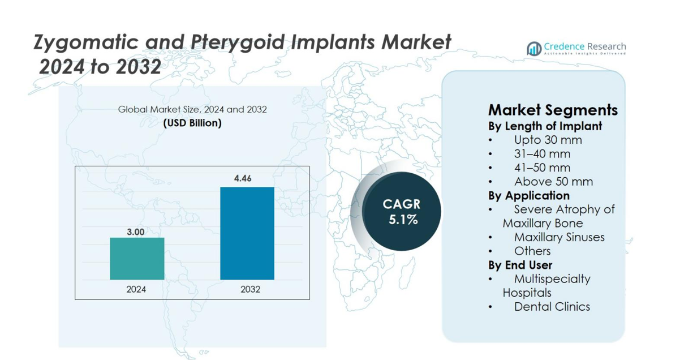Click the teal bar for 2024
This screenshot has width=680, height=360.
(x=137, y=258)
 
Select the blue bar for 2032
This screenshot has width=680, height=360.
(x=247, y=233)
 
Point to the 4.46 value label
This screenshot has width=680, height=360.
(x=243, y=178)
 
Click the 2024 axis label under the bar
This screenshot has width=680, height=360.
(x=136, y=289)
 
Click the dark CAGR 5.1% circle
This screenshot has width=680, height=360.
(x=402, y=211)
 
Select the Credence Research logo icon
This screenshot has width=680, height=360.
(x=533, y=49)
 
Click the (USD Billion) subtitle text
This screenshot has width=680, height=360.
(x=192, y=123)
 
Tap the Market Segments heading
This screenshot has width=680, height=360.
(x=552, y=109)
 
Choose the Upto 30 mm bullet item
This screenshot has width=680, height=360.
(x=548, y=140)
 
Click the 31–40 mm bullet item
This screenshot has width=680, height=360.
(x=542, y=154)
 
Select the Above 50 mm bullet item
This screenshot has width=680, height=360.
(x=553, y=182)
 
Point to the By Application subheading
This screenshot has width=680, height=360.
(x=528, y=195)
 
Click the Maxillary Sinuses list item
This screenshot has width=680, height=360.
(x=559, y=237)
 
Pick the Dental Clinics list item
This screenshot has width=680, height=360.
(x=552, y=307)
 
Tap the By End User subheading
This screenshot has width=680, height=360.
(x=520, y=265)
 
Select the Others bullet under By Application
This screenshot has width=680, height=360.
(x=532, y=251)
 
